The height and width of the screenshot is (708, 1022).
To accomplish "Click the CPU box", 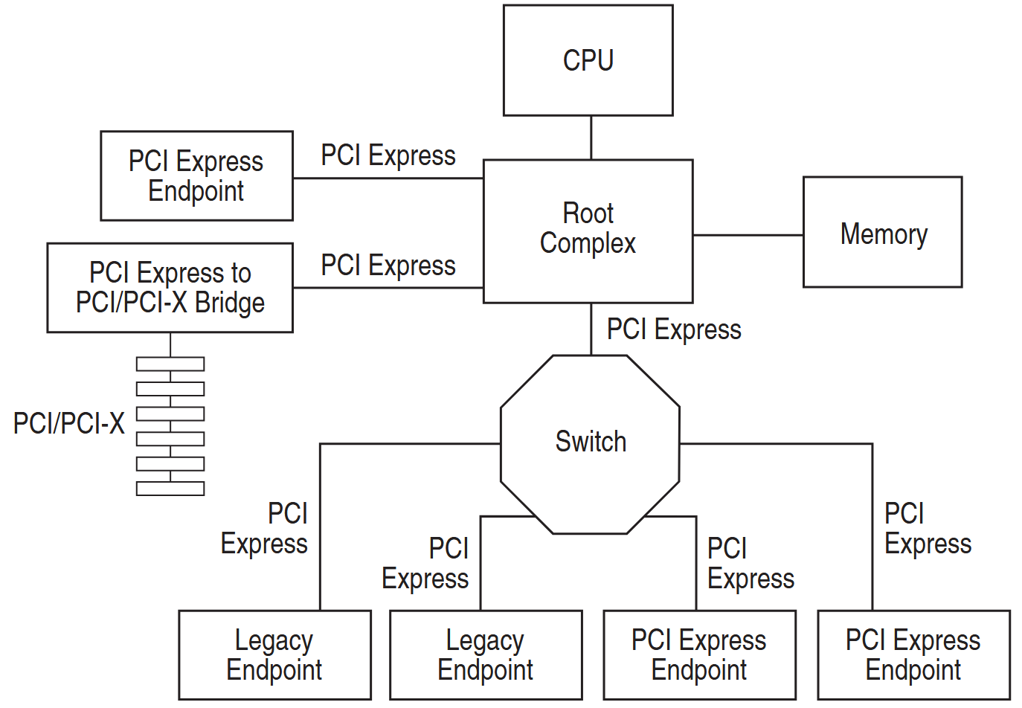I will [588, 60].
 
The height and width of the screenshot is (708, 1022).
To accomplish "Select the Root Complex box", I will [588, 231].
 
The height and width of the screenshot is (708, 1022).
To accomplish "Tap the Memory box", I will [882, 232].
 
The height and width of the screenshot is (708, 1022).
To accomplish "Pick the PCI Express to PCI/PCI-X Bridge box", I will [170, 287].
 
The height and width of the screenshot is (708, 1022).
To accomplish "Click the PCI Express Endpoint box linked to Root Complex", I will [196, 176].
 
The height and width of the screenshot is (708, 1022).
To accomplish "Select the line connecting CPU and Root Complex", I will [591, 138].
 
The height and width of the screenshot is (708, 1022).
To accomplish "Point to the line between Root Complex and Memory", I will [748, 235].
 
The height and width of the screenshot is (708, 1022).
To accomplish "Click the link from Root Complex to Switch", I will [591, 329].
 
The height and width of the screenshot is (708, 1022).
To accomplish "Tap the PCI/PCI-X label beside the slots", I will [68, 424].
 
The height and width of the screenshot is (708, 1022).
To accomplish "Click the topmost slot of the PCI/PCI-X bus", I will [170, 364].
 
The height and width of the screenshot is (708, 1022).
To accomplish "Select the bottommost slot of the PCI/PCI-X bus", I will [170, 489].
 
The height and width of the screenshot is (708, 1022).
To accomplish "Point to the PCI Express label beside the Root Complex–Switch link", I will [674, 329].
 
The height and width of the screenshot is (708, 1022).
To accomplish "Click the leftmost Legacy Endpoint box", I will [274, 654].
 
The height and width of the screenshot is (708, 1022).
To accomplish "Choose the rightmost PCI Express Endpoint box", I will [913, 654].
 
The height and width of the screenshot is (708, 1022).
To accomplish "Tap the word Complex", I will [588, 244].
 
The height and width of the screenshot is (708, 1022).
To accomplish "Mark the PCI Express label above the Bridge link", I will [388, 265].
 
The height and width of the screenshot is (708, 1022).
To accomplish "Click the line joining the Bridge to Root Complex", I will [388, 288].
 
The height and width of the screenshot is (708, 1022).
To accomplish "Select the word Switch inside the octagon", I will [591, 442].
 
